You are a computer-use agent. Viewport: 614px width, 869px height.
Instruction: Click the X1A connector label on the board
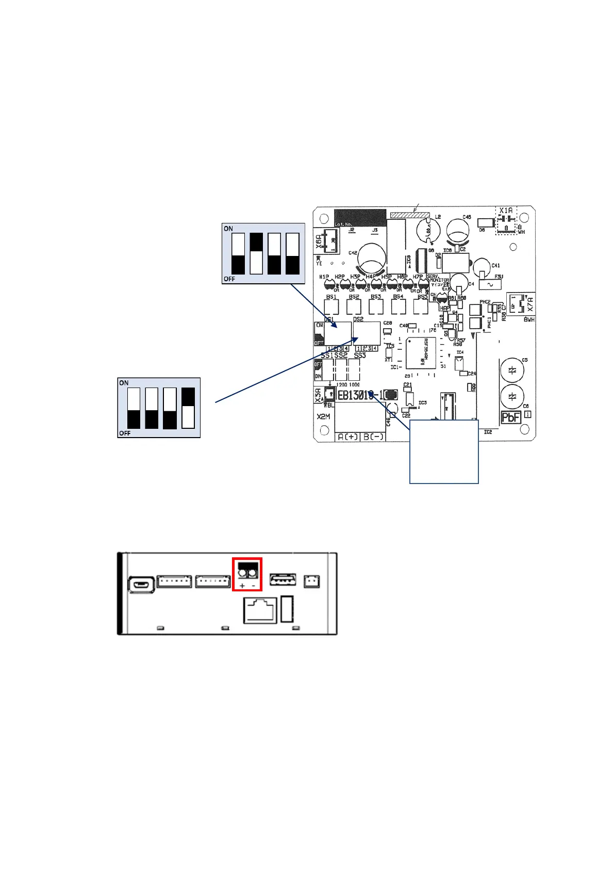click(506, 211)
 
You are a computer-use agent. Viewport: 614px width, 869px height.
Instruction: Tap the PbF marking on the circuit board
click(511, 417)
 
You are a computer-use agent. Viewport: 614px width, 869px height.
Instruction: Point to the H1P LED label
click(324, 277)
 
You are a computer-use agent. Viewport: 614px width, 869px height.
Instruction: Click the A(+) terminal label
click(347, 437)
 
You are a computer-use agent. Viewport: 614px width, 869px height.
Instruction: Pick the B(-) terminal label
click(373, 437)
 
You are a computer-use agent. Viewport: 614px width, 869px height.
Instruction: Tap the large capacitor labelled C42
click(372, 258)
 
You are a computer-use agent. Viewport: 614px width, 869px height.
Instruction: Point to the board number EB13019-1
click(360, 395)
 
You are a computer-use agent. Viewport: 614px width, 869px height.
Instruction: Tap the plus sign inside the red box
click(242, 586)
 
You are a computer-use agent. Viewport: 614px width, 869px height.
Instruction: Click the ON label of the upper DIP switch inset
click(228, 229)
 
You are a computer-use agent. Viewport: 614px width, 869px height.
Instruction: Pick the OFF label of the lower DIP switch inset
click(125, 433)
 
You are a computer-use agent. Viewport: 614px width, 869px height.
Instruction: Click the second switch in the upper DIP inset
click(256, 253)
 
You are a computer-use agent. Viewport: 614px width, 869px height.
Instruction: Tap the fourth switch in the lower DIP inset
click(188, 408)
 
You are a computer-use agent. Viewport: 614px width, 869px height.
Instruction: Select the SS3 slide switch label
click(360, 356)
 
